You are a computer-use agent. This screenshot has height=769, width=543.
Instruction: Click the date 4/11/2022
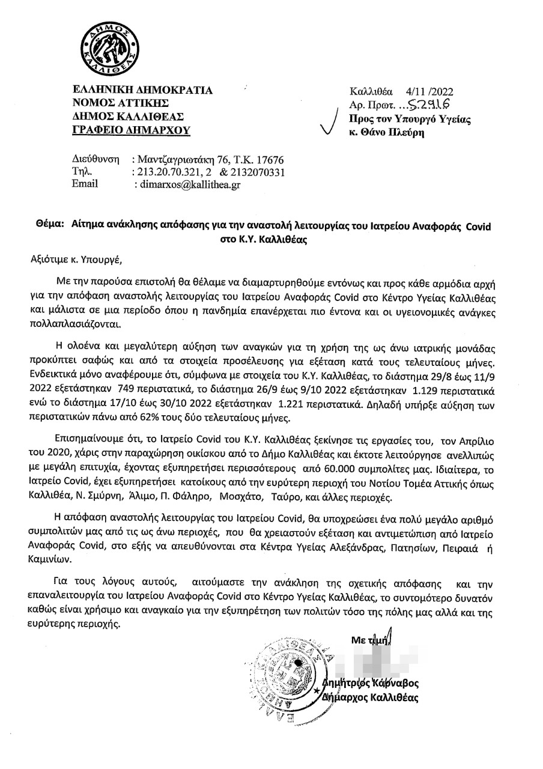(x=428, y=92)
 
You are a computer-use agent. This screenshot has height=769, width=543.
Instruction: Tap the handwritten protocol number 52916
(x=429, y=105)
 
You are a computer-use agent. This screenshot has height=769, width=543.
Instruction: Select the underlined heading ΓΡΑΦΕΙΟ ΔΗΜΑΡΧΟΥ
(x=132, y=129)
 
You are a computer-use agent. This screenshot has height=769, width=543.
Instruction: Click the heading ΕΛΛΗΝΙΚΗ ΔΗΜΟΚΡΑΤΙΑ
(x=142, y=91)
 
